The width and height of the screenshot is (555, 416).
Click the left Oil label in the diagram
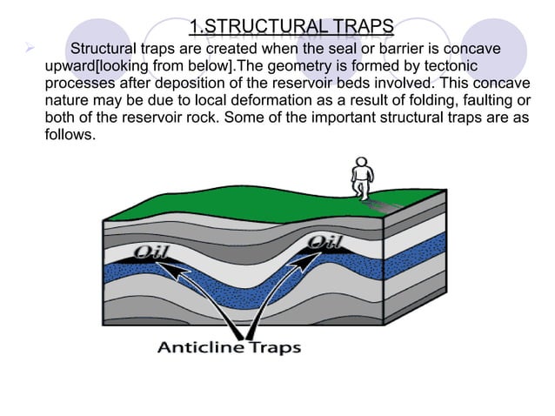(x=154, y=254)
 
